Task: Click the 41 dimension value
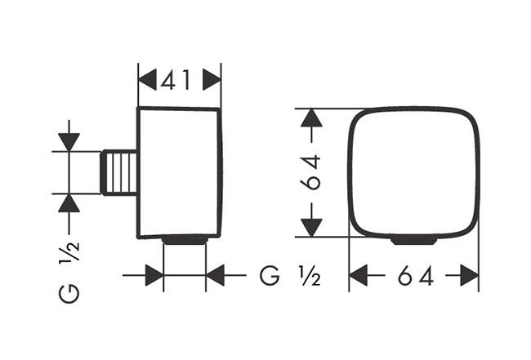tap(180, 80)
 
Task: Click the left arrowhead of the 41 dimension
tap(148, 80)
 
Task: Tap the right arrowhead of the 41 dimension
tap(212, 80)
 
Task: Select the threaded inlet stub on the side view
tap(121, 171)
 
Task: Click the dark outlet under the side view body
tap(185, 240)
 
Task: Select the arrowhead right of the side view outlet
tap(216, 276)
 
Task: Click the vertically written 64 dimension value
tap(310, 172)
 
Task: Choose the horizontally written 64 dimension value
tap(414, 277)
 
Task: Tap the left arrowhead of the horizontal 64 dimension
tap(360, 277)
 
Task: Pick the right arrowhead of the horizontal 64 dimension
tap(468, 277)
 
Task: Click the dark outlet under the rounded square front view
tap(413, 240)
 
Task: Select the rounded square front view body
tap(413, 171)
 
